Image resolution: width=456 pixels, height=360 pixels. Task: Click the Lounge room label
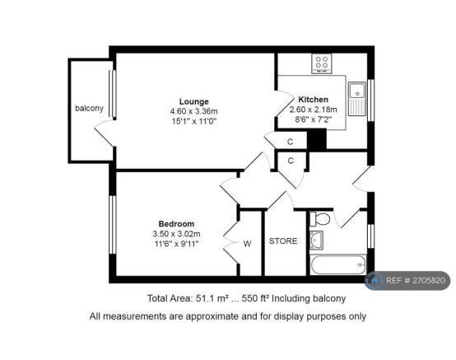[x=195, y=101]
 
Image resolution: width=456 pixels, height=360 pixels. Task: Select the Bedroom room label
[x=176, y=224]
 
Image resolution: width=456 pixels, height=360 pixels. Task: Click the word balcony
[x=89, y=108]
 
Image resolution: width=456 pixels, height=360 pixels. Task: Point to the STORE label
[x=282, y=241]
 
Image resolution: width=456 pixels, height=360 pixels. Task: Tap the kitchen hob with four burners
[x=321, y=63]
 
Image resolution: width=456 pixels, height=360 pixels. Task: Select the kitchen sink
[x=358, y=98]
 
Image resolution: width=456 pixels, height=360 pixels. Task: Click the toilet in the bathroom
[x=322, y=219]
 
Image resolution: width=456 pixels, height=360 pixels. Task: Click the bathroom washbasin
[x=317, y=240]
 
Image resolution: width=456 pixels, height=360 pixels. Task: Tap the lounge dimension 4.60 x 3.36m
[x=195, y=111]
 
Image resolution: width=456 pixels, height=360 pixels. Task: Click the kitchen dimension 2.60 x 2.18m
[x=313, y=109]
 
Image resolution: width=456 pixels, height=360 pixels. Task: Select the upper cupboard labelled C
[x=291, y=142]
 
